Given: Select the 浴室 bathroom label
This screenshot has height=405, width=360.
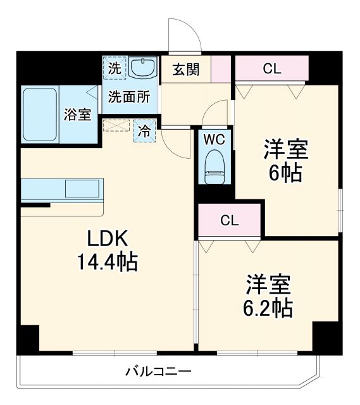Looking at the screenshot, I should (78, 115).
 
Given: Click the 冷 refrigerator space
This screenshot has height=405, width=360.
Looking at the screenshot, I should (145, 132).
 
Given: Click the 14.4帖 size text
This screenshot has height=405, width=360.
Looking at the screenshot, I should (109, 261).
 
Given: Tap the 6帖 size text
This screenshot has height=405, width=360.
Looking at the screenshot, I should (286, 171).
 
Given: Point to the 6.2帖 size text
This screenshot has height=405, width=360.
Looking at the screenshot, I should (268, 308).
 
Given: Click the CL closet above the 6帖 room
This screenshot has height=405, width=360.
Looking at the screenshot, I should (271, 69).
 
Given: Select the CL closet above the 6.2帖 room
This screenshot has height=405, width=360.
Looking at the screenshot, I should (229, 220).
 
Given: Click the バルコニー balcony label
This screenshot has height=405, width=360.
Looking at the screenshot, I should (158, 371).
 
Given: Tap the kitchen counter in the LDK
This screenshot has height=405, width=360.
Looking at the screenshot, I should (61, 189).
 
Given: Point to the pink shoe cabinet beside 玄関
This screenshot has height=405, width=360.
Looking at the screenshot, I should (221, 68).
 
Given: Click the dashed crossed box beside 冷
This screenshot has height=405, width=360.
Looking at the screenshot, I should (116, 125).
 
